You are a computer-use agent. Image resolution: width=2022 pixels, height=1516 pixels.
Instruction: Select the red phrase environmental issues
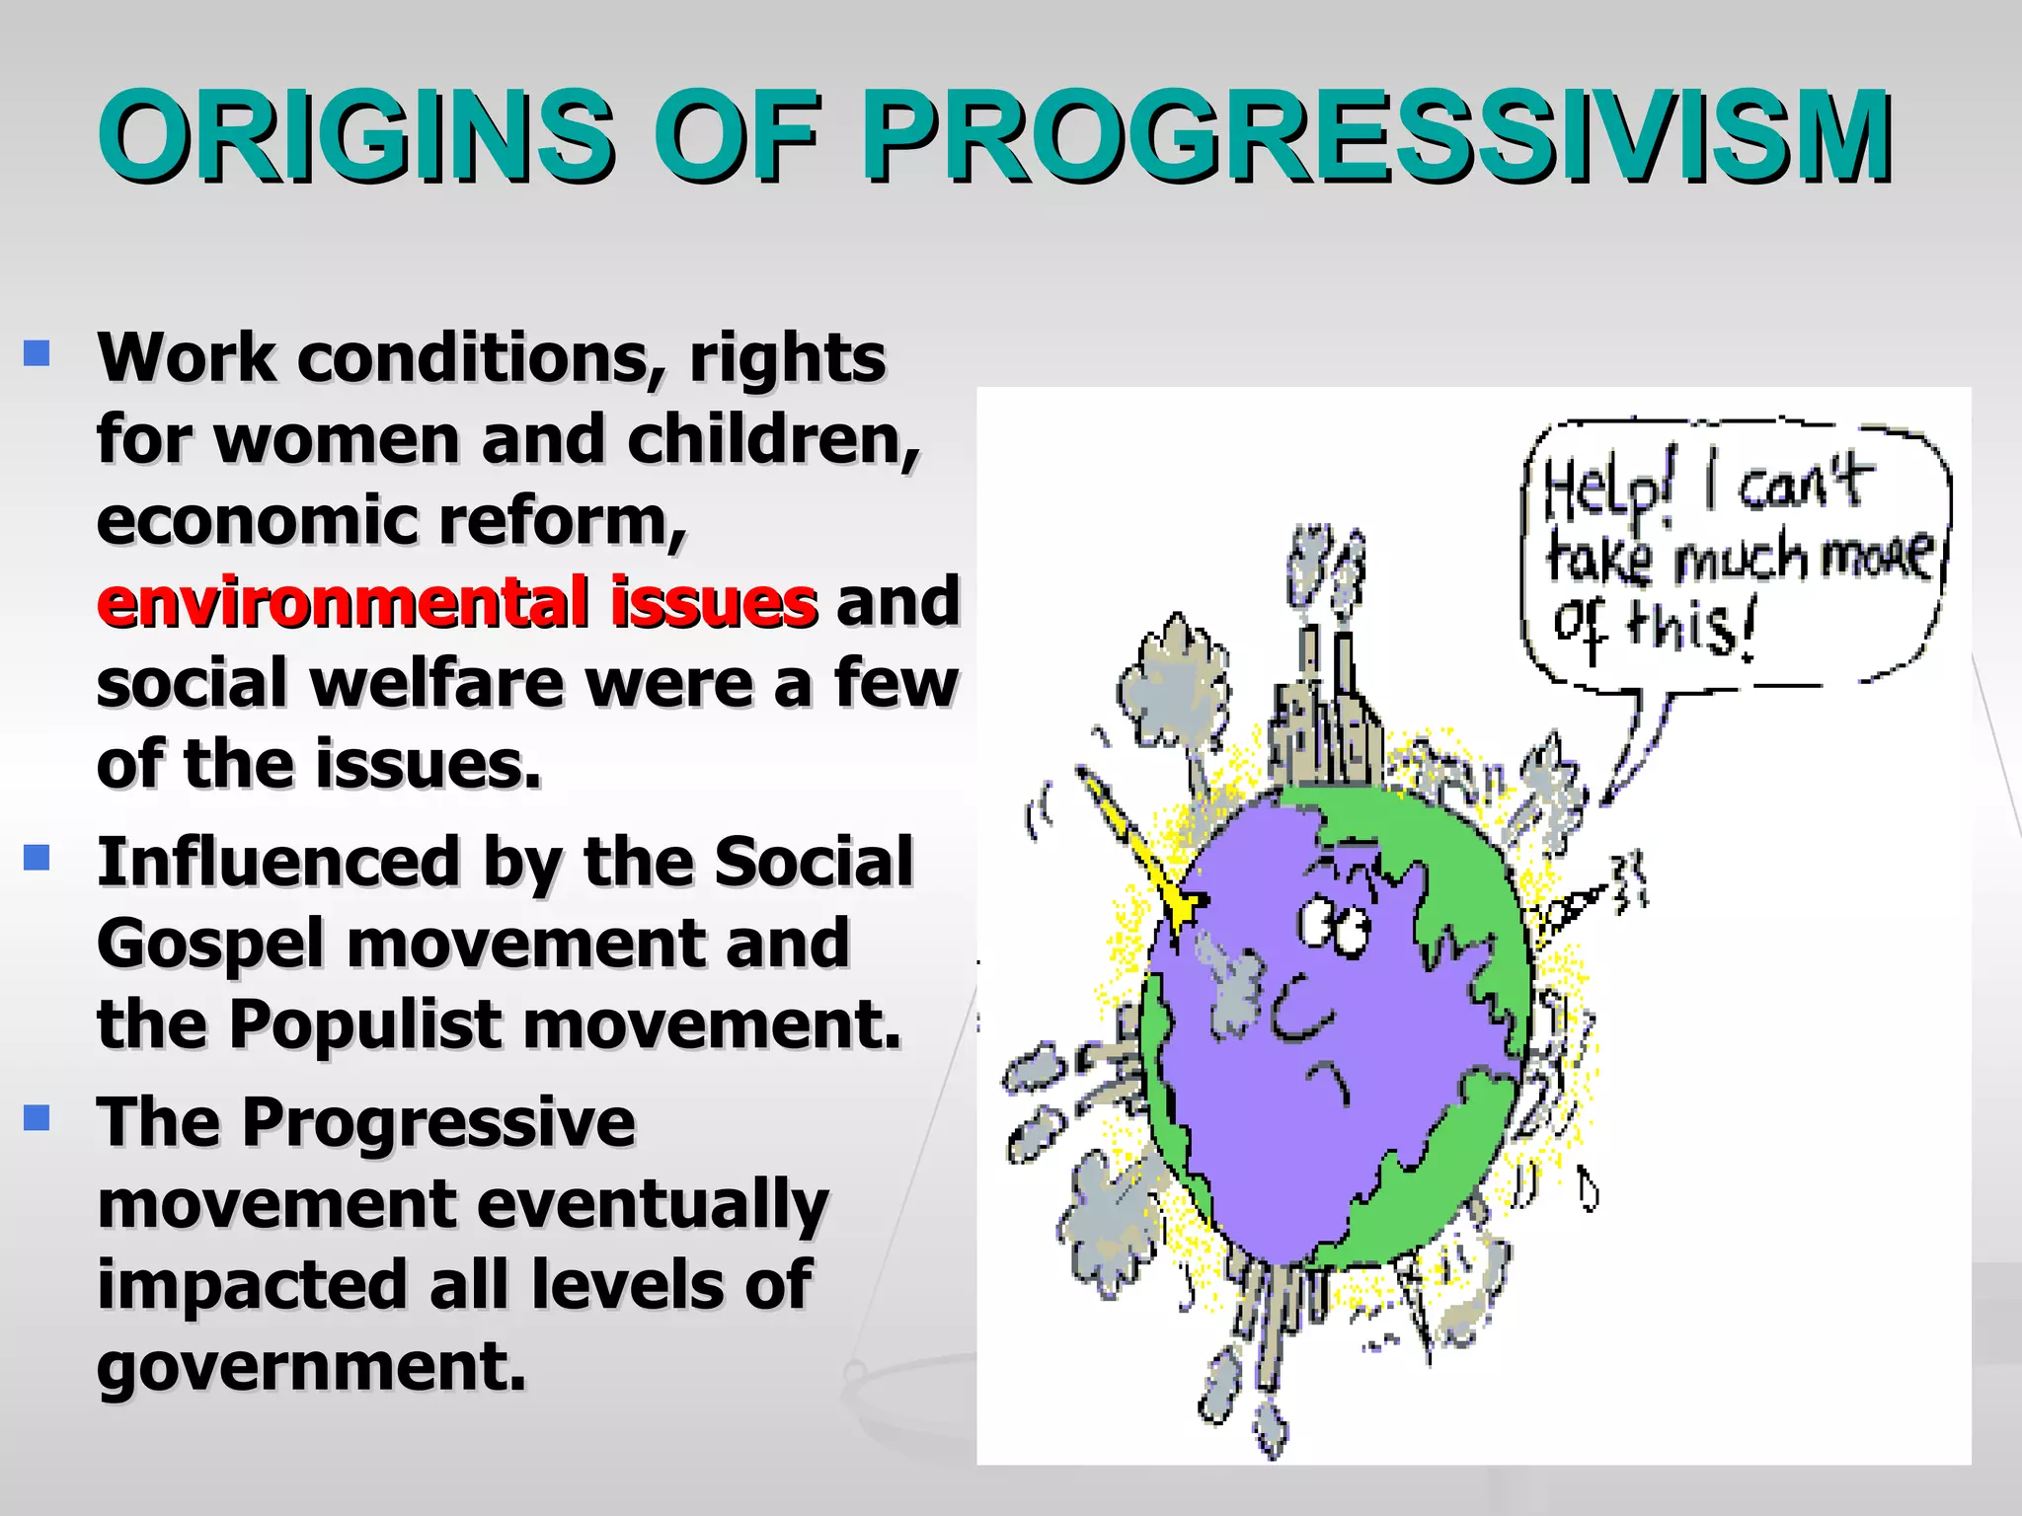coord(457,602)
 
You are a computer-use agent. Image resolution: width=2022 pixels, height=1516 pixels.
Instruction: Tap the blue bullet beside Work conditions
coord(37,352)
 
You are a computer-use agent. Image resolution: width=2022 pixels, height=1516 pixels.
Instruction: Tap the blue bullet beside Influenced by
coord(37,857)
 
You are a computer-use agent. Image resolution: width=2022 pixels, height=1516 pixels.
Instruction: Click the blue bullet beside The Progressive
coord(37,1117)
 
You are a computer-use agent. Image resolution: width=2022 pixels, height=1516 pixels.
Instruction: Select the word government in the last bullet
coord(311,1368)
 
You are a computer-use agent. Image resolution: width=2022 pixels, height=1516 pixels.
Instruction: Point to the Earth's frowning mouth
coord(1328,1081)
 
